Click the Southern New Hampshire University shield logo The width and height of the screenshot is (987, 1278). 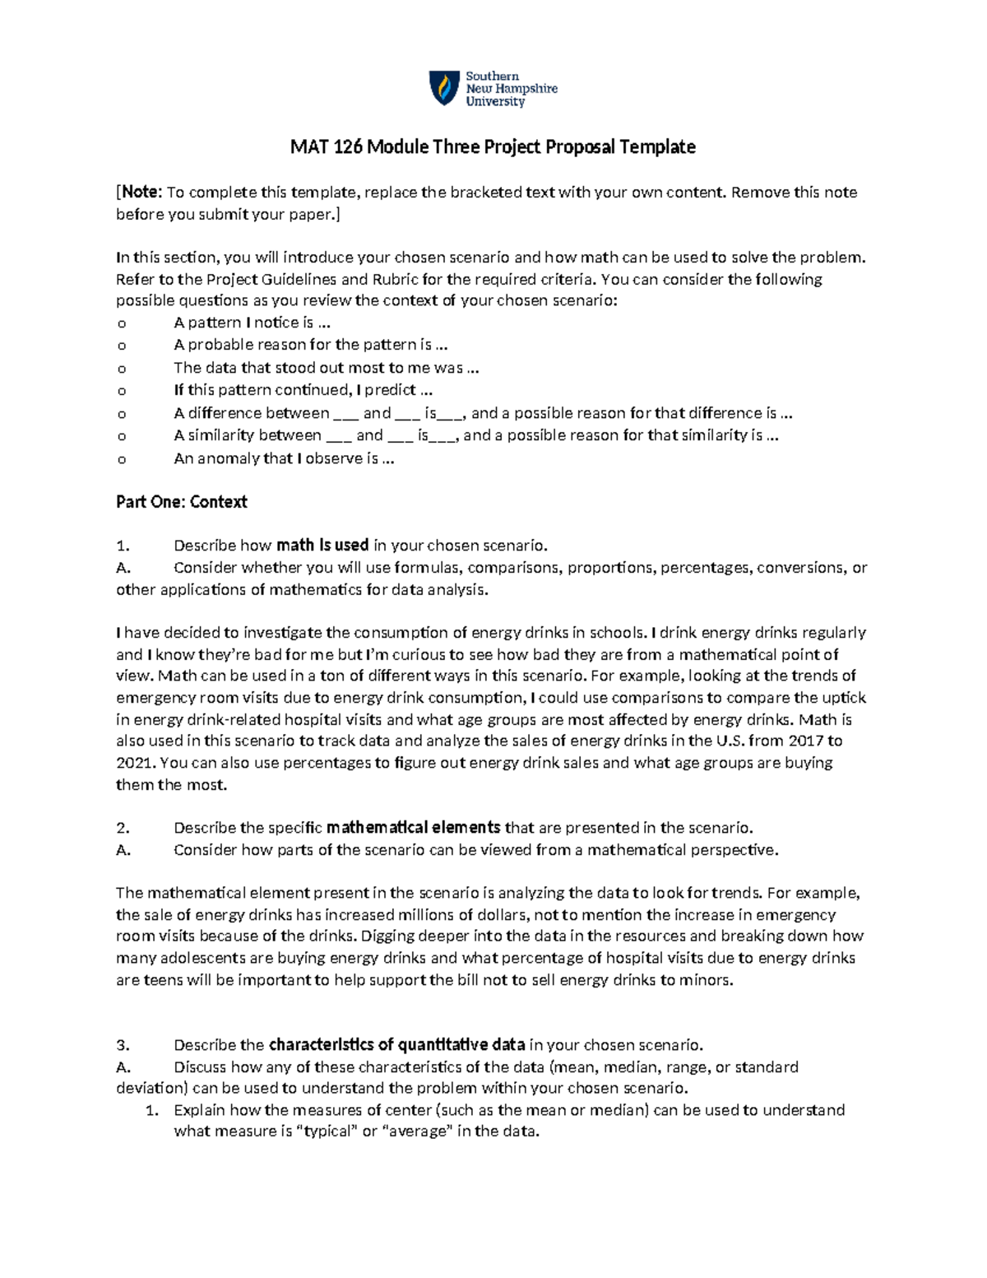pos(445,88)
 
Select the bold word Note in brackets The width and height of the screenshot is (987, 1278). pos(141,193)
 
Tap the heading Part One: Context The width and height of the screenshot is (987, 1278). pos(182,502)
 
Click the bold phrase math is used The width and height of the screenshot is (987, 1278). pos(322,545)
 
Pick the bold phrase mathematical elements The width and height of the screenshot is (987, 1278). pos(414,828)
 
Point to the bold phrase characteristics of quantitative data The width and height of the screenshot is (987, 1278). pos(397,1045)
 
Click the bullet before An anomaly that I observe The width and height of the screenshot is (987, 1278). pos(122,460)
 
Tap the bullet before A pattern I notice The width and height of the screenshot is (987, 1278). pos(122,323)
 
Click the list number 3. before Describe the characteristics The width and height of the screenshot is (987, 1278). pos(123,1046)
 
